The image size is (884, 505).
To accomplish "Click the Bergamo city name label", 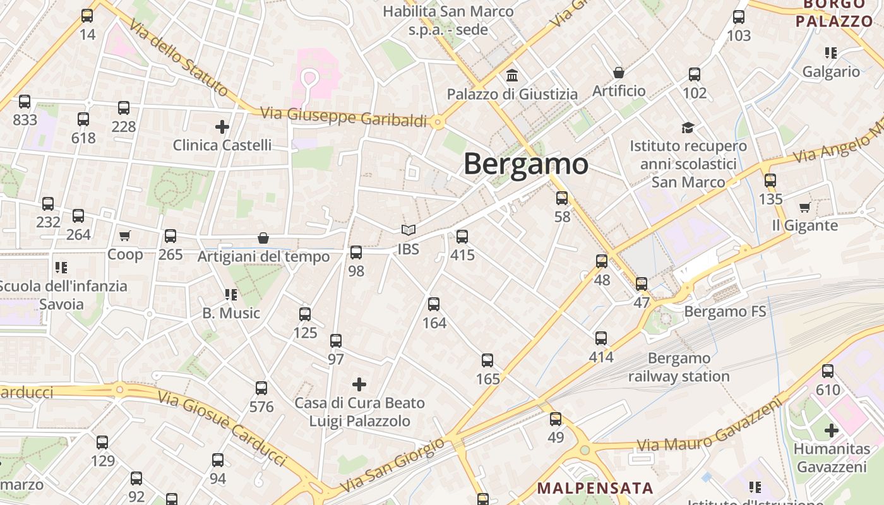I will tap(526, 164).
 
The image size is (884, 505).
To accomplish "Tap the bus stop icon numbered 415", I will tap(462, 237).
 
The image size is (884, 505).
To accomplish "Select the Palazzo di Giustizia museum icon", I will tap(512, 76).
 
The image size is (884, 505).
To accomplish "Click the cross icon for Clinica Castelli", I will tap(222, 127).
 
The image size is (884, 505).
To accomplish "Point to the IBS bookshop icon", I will tap(409, 230).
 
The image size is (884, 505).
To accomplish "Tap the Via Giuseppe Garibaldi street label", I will tap(344, 117).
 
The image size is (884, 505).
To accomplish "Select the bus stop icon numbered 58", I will tap(562, 198).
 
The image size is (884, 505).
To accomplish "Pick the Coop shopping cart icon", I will tap(124, 236).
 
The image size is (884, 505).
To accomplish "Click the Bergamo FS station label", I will tap(725, 311).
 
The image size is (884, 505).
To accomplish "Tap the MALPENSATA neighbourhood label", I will tap(595, 488).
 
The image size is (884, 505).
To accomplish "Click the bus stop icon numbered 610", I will tap(828, 371).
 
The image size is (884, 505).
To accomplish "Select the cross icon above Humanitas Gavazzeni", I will tap(832, 431).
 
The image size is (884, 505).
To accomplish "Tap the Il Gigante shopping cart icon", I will tap(804, 207).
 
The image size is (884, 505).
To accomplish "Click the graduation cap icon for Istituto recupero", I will tap(688, 128).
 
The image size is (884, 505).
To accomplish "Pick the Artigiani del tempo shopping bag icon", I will tap(263, 238).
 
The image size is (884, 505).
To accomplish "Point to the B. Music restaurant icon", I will tap(230, 294).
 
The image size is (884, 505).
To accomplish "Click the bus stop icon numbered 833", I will tap(25, 101).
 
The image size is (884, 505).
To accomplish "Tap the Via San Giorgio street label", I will tap(393, 466).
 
